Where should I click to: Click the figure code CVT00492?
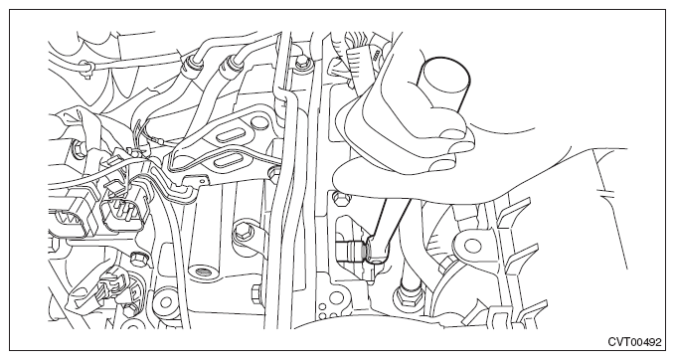634,342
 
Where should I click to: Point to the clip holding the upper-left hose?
86,69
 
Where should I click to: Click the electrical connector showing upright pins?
122,213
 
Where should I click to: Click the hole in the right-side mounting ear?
472,246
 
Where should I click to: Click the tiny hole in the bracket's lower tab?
202,181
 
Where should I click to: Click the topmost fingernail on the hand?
453,134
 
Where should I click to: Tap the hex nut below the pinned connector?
138,260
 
